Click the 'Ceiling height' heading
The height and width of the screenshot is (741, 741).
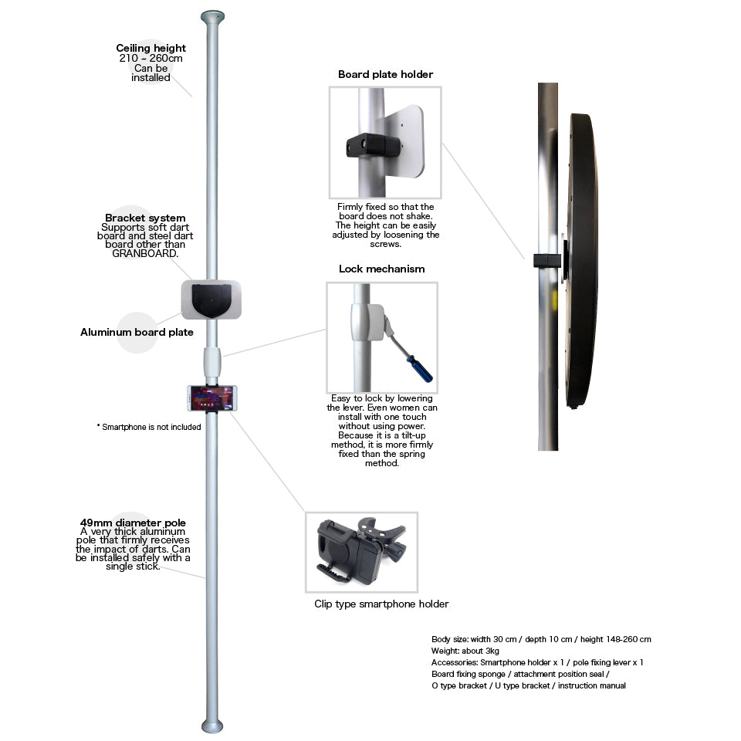(x=151, y=49)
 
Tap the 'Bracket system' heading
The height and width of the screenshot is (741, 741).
(x=145, y=218)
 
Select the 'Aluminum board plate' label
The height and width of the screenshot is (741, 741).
(x=137, y=333)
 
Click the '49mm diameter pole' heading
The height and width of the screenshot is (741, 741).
(x=133, y=523)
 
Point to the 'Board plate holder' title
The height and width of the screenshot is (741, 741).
(x=385, y=75)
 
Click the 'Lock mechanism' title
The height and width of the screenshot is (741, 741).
(x=381, y=269)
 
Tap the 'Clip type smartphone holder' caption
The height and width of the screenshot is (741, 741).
(x=381, y=604)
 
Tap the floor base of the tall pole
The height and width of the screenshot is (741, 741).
(x=212, y=726)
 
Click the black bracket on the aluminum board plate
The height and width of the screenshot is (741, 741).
(x=211, y=300)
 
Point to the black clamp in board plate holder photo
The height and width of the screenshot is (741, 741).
(x=374, y=146)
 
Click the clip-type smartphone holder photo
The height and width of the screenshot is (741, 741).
(x=361, y=552)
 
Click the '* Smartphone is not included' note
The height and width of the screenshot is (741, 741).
(x=149, y=427)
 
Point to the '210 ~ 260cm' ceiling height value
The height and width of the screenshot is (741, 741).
(x=151, y=59)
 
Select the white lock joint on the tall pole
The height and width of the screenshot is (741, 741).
(x=212, y=360)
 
